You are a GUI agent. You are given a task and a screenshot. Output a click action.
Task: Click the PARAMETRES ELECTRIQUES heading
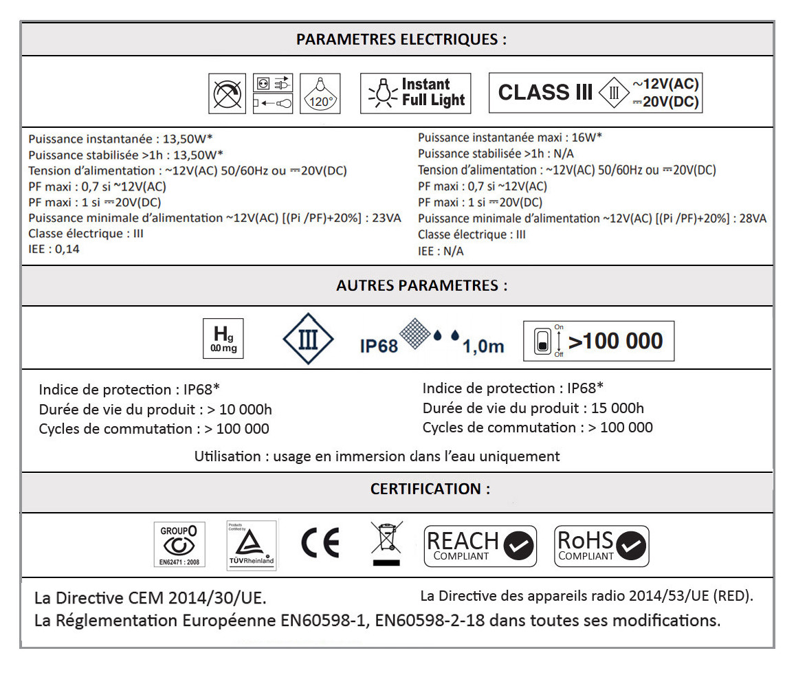401,39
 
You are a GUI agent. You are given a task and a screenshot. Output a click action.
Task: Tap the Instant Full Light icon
415,93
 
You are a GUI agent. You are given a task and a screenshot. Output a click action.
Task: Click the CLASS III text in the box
544,93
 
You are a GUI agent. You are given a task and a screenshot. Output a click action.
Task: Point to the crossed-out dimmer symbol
228,93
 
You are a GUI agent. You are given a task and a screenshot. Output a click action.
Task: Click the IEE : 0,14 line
54,249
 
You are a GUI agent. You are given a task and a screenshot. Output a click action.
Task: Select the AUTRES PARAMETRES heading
421,285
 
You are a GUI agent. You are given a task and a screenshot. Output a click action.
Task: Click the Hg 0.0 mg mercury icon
224,339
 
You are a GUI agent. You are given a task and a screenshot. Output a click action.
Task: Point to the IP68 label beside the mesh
379,345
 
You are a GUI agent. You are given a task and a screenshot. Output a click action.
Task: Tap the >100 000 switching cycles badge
599,341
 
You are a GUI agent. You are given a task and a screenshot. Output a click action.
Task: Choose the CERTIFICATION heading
430,489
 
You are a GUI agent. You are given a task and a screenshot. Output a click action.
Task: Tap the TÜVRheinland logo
251,546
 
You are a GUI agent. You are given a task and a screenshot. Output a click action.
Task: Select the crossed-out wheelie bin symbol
386,543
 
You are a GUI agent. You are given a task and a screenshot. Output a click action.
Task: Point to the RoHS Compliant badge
601,546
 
